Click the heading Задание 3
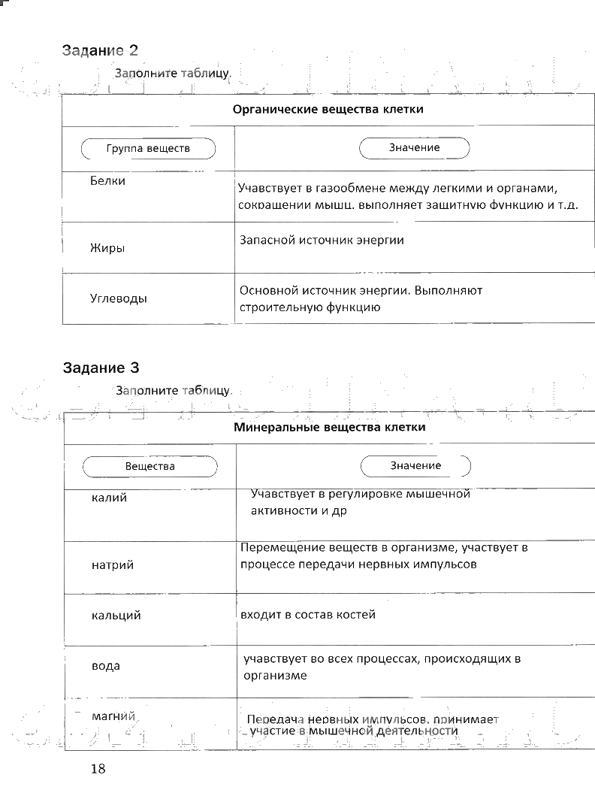coord(101,368)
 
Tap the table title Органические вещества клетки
coord(328,110)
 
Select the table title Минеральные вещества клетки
coord(330,428)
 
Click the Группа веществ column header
coord(148,148)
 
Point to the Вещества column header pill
coord(150,466)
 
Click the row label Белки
coord(107,181)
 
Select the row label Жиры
coord(107,248)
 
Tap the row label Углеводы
coord(119,298)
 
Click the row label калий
coord(109,498)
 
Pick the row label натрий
coord(112,564)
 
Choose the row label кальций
coord(116,616)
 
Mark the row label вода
coord(105,666)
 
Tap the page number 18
coord(98,768)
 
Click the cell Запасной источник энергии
coord(322,241)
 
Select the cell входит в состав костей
coord(307,615)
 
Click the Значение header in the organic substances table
coord(415,148)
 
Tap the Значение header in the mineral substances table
coord(415,466)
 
